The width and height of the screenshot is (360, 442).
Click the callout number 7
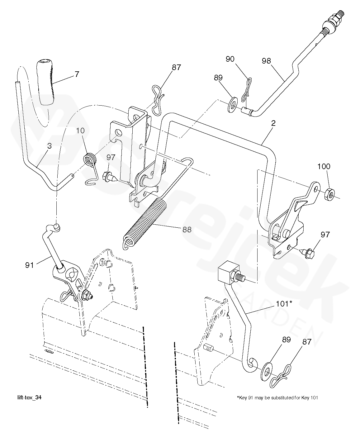pyautogui.click(x=77, y=74)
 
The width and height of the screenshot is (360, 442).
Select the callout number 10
pyautogui.click(x=80, y=131)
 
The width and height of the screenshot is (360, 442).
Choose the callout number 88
pyautogui.click(x=187, y=230)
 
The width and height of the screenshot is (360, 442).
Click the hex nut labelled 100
pyautogui.click(x=329, y=194)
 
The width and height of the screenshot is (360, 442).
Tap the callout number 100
pyautogui.click(x=324, y=166)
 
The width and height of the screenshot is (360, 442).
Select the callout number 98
pyautogui.click(x=266, y=61)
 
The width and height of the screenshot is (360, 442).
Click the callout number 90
pyautogui.click(x=230, y=59)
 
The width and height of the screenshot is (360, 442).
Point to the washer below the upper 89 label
pyautogui.click(x=232, y=104)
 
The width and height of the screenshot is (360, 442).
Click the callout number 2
pyautogui.click(x=273, y=123)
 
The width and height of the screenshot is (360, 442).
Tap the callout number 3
pyautogui.click(x=50, y=146)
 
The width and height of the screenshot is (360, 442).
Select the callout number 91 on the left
pyautogui.click(x=29, y=265)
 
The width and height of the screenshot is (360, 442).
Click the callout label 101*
pyautogui.click(x=284, y=304)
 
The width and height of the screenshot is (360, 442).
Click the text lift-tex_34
pyautogui.click(x=30, y=397)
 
